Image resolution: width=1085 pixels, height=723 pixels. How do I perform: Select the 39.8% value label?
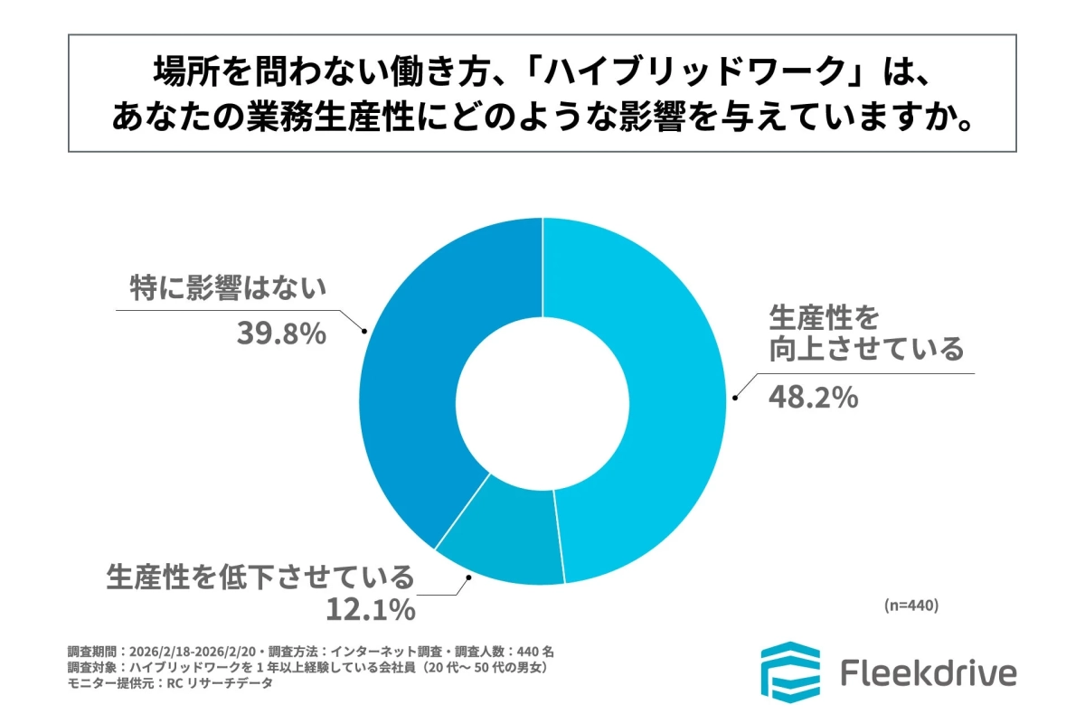pos(280,333)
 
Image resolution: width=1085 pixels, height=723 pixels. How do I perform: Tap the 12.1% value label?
pos(370,610)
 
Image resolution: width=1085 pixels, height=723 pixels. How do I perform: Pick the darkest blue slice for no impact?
pos(425,361)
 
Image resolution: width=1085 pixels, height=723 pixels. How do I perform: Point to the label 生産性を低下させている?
pos(260,576)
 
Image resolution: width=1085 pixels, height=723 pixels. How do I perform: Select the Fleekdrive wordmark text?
pos(929,673)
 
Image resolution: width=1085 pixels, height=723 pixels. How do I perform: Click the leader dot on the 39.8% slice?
pos(364,332)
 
